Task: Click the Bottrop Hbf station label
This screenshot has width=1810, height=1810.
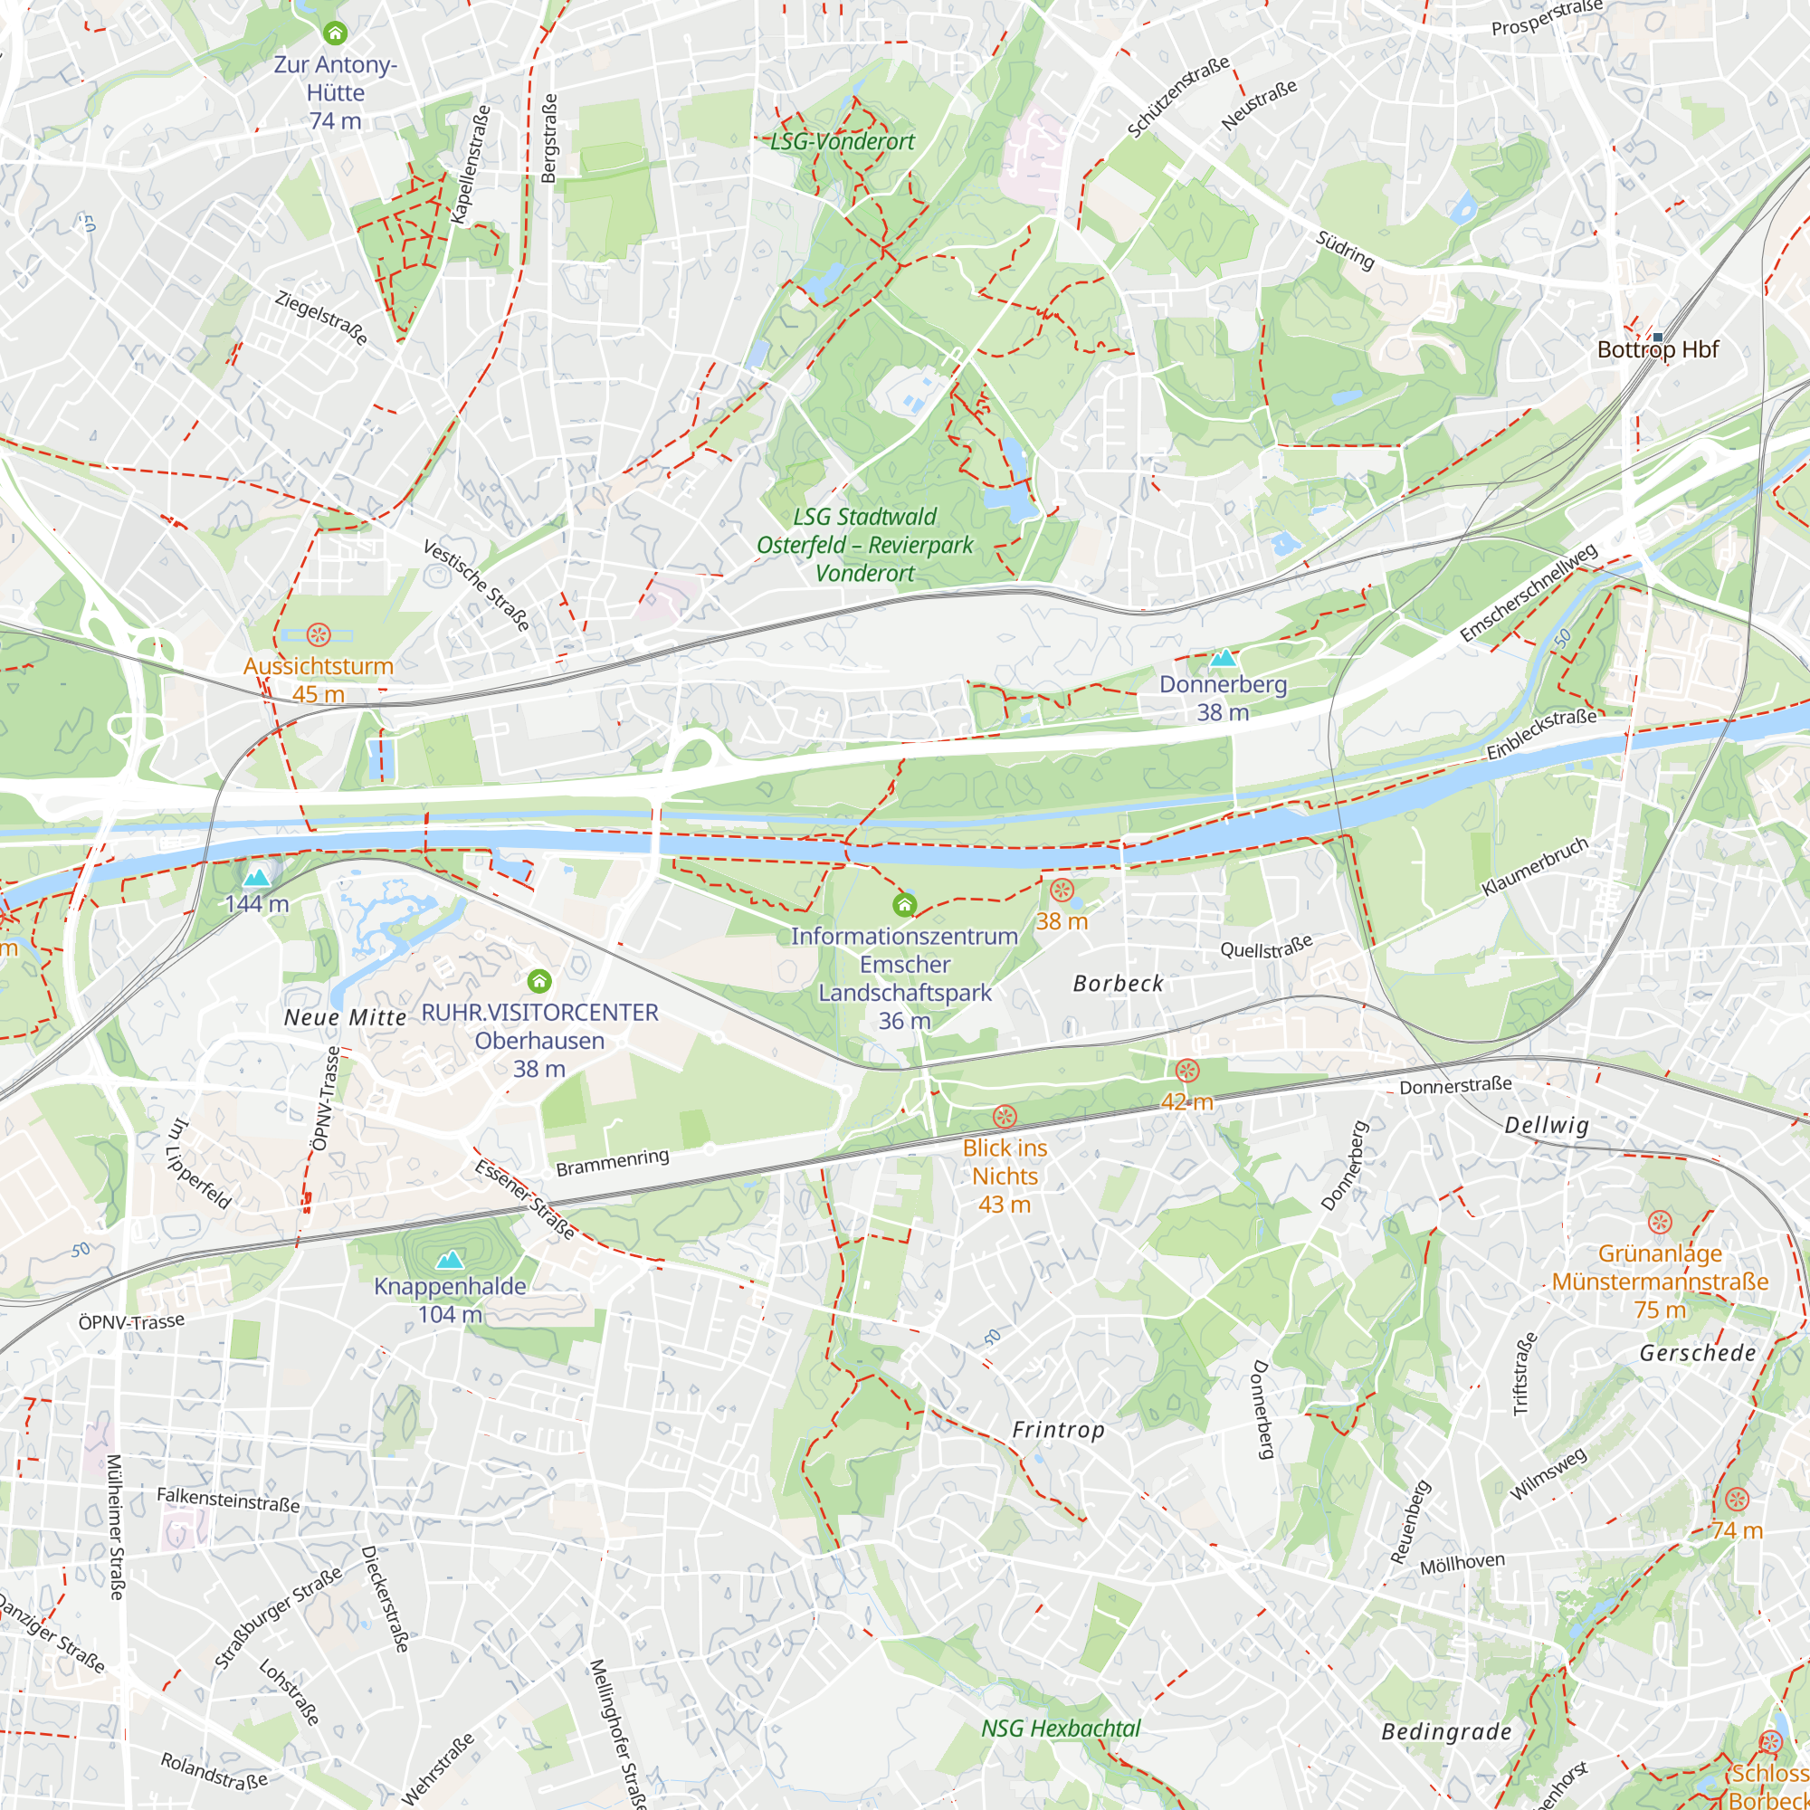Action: pyautogui.click(x=1657, y=350)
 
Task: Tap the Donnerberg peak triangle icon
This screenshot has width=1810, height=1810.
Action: pyautogui.click(x=1223, y=658)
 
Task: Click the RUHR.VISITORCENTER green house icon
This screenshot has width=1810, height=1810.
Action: pyautogui.click(x=538, y=981)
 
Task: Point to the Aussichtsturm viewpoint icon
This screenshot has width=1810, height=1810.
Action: pyautogui.click(x=319, y=635)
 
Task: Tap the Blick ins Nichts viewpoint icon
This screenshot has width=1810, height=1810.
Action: pyautogui.click(x=1005, y=1116)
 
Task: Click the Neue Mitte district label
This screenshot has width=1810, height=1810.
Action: pyautogui.click(x=346, y=1017)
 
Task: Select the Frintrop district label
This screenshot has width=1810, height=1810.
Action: pyautogui.click(x=1059, y=1430)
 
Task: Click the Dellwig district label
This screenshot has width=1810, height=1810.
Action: pyautogui.click(x=1547, y=1125)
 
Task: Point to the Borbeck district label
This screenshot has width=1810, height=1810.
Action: pyautogui.click(x=1118, y=984)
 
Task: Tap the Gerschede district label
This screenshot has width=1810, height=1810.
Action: pyautogui.click(x=1698, y=1353)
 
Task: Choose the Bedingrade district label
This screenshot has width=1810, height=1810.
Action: pyautogui.click(x=1446, y=1731)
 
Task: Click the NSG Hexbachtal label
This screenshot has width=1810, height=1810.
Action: pyautogui.click(x=1061, y=1729)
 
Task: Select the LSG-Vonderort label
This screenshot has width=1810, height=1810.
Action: pyautogui.click(x=843, y=141)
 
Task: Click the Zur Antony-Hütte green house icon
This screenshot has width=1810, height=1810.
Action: pyautogui.click(x=336, y=33)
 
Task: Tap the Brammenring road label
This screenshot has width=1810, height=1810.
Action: pyautogui.click(x=613, y=1163)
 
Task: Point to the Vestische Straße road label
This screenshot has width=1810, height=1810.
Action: pyautogui.click(x=476, y=585)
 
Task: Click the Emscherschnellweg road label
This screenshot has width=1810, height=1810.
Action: pyautogui.click(x=1528, y=593)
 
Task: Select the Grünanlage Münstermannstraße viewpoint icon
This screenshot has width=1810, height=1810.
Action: pyautogui.click(x=1659, y=1222)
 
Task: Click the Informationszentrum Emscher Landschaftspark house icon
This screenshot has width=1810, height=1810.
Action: pyautogui.click(x=904, y=904)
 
